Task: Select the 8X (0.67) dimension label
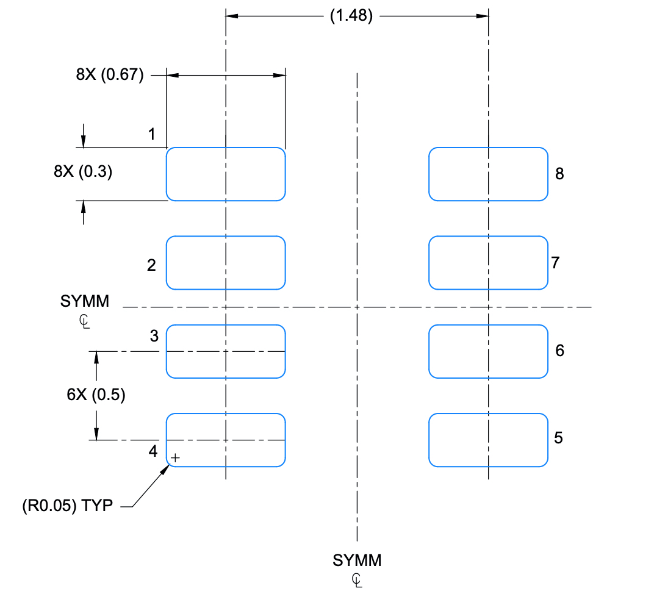[x=110, y=75]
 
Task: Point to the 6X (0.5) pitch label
[x=96, y=395]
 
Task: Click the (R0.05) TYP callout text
[x=66, y=506]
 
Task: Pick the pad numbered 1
[x=226, y=174]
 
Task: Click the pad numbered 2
[x=226, y=262]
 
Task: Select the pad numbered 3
[x=226, y=351]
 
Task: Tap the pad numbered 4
[x=226, y=440]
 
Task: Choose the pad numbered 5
[x=488, y=440]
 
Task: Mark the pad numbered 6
[x=488, y=351]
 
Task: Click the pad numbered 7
[x=488, y=262]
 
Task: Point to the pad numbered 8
[x=488, y=174]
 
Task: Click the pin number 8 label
[x=559, y=174]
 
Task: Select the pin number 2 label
[x=151, y=265]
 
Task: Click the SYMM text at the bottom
[x=357, y=560]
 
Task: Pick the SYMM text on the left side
[x=85, y=301]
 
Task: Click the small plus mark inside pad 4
[x=176, y=457]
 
